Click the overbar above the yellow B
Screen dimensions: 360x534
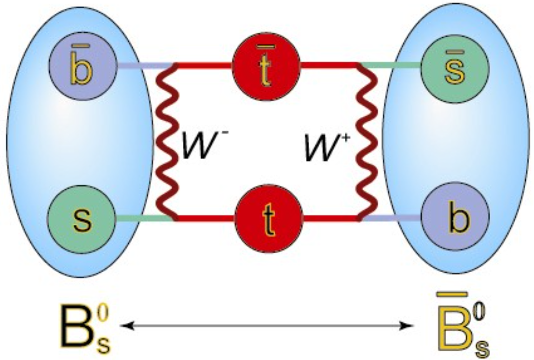(x=454, y=293)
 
